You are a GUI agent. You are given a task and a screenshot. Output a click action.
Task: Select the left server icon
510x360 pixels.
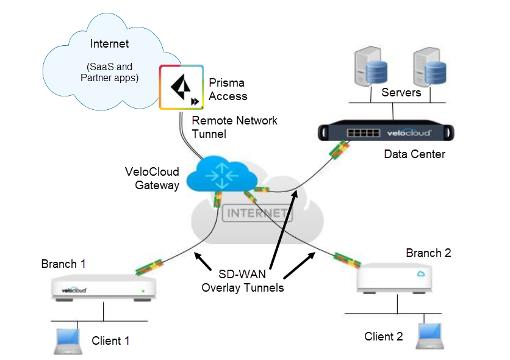click(x=370, y=68)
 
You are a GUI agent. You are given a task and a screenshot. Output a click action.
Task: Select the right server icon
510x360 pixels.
click(x=428, y=68)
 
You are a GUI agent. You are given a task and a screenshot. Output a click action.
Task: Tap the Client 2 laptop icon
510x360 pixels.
click(x=430, y=336)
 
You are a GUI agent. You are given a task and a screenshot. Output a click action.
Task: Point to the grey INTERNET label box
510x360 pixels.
click(x=256, y=214)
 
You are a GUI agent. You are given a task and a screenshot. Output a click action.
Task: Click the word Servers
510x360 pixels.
click(x=401, y=93)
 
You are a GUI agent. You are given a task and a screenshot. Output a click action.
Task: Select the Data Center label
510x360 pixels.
click(x=414, y=154)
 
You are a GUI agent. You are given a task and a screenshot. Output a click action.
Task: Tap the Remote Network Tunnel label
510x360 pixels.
click(x=234, y=127)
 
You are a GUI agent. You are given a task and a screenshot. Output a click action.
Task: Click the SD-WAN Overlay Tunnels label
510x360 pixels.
click(x=243, y=281)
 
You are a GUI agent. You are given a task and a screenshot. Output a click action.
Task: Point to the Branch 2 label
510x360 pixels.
click(x=428, y=253)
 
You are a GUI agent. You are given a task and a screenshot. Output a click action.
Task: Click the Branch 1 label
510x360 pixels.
click(x=63, y=264)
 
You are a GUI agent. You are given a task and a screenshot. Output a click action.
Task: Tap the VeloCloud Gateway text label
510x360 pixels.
click(x=152, y=178)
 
